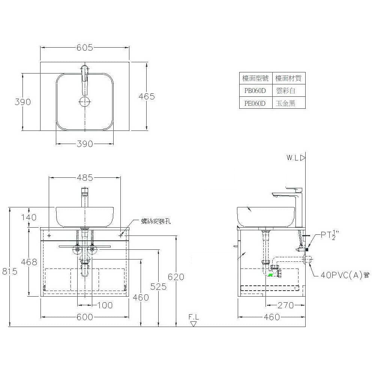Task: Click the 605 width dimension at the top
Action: point(85,48)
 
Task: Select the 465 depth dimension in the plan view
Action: point(147,96)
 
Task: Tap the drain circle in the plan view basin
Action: point(85,102)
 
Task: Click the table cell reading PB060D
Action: point(255,91)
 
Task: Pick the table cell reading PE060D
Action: point(255,103)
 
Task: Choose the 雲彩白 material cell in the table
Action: point(286,90)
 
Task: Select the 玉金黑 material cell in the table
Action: point(285,103)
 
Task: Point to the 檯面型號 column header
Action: point(255,78)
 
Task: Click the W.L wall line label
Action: point(292,158)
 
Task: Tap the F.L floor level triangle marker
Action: point(193,324)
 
